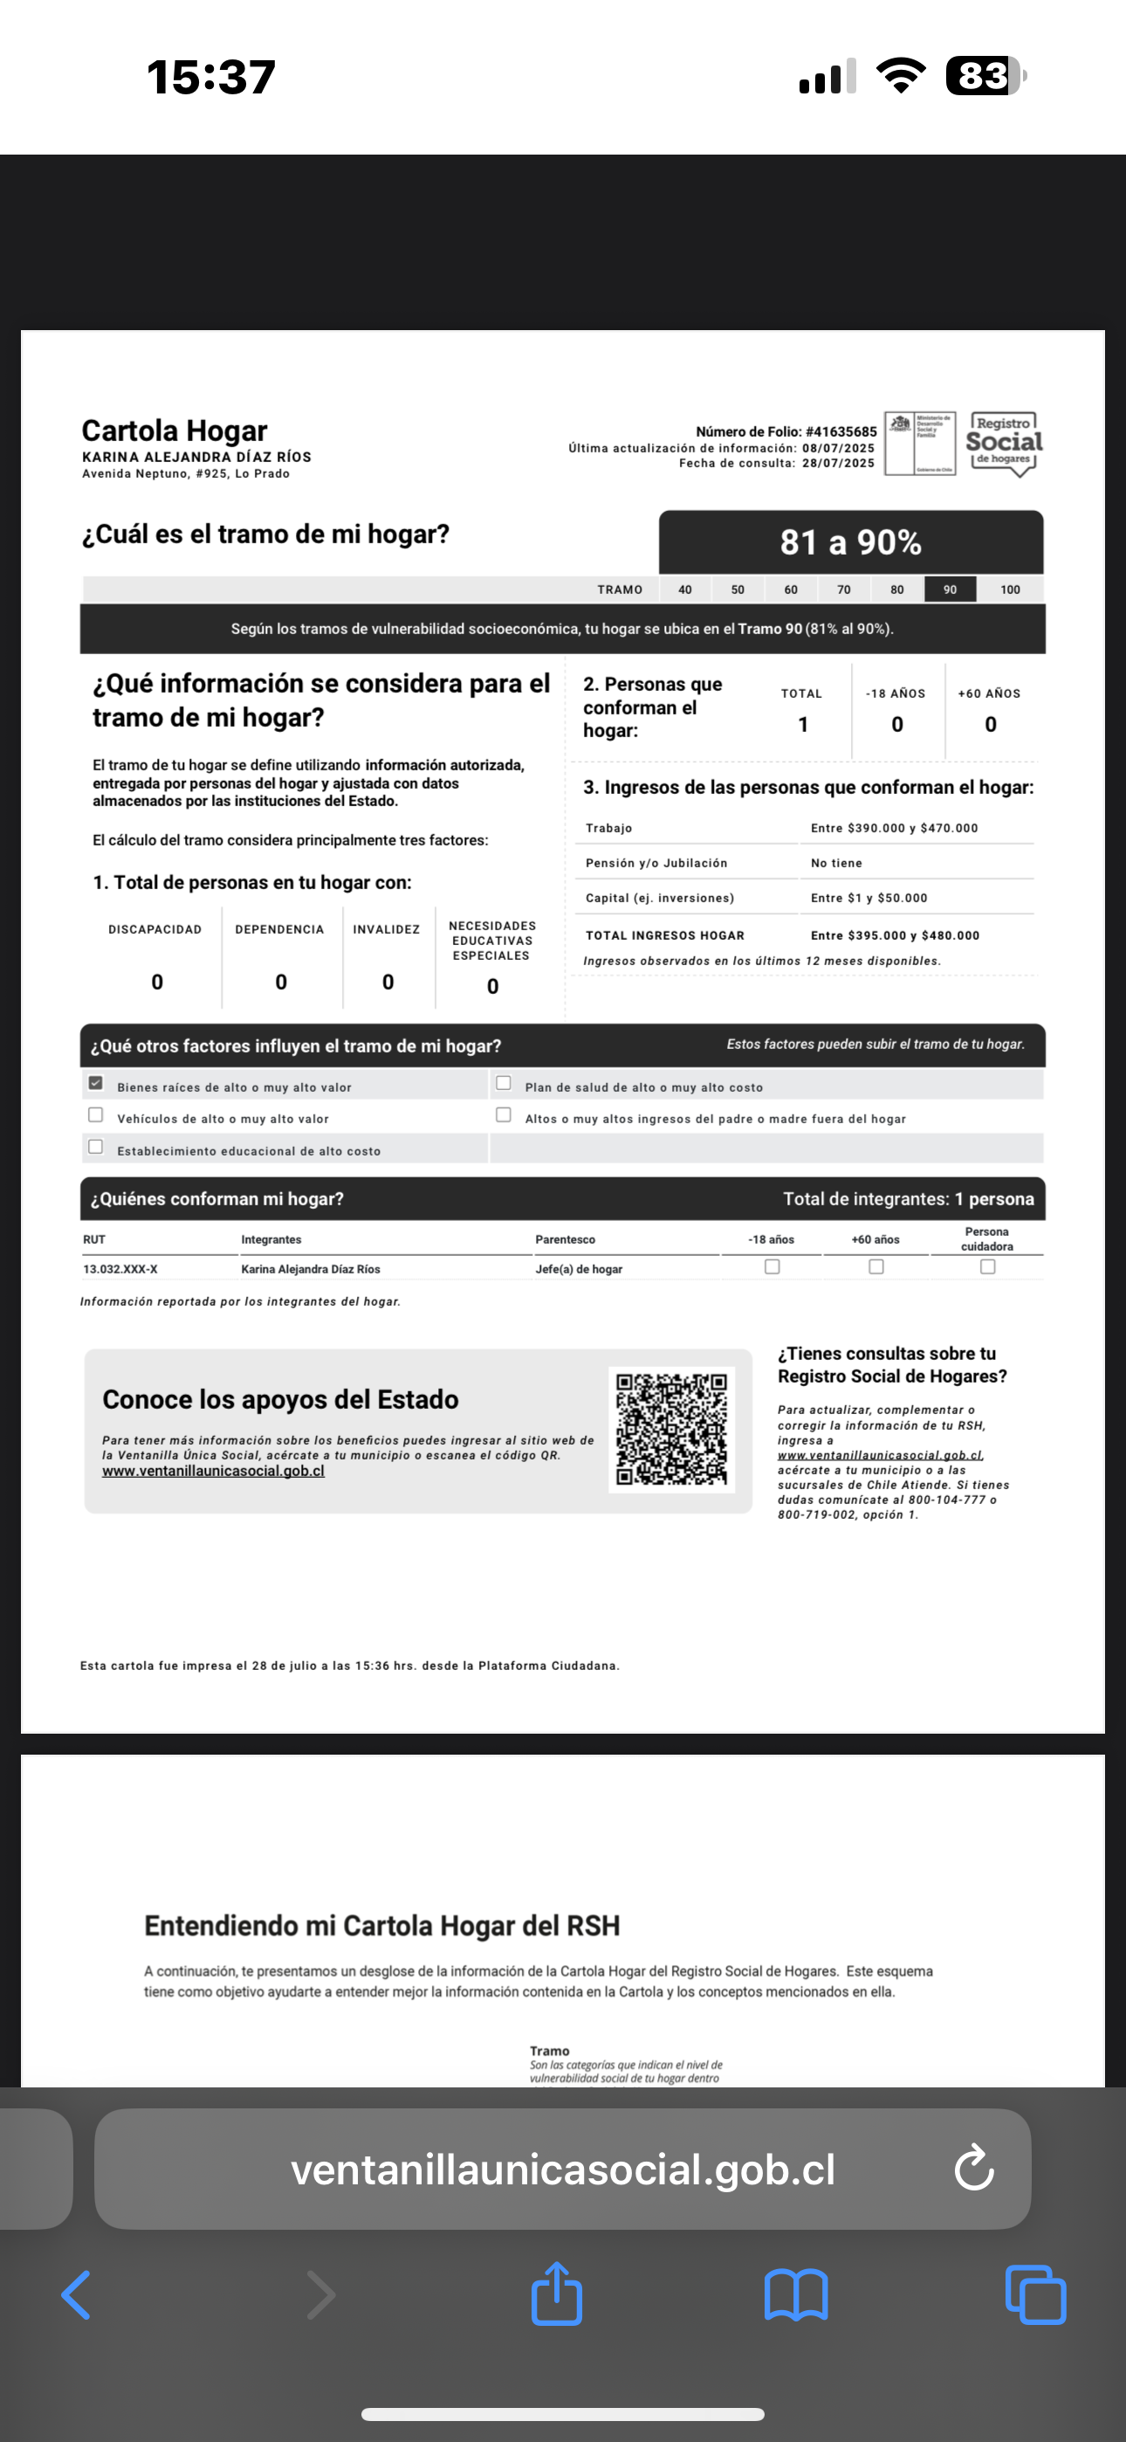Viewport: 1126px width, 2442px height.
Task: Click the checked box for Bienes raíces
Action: [x=96, y=1083]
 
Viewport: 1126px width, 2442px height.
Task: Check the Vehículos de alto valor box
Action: [x=96, y=1114]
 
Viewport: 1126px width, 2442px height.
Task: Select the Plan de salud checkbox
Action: [x=504, y=1083]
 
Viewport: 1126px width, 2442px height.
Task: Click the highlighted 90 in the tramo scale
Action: [x=950, y=590]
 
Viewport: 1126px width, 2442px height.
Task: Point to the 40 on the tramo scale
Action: [x=684, y=590]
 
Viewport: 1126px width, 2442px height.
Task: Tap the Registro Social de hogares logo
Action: [x=1003, y=443]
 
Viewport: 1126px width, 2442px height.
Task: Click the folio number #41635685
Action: [x=841, y=431]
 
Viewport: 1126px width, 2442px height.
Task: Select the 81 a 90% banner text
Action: [x=850, y=542]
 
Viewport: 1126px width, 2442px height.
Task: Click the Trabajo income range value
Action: [x=894, y=828]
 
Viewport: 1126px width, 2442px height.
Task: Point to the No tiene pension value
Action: [x=836, y=863]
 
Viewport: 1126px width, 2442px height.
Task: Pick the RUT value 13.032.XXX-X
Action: [x=120, y=1268]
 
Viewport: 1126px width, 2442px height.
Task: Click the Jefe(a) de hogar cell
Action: [x=579, y=1268]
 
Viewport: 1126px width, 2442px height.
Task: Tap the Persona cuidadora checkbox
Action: [x=987, y=1266]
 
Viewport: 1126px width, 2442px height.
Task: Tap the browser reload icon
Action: [x=973, y=2168]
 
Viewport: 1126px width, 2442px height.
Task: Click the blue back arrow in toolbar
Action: [x=76, y=2295]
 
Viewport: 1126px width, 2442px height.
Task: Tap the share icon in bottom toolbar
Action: [x=556, y=2294]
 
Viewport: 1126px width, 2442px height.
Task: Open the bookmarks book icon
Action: [x=796, y=2295]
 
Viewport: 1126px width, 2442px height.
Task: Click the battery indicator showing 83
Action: [x=985, y=76]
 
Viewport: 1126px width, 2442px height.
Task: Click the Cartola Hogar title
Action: [x=175, y=431]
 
